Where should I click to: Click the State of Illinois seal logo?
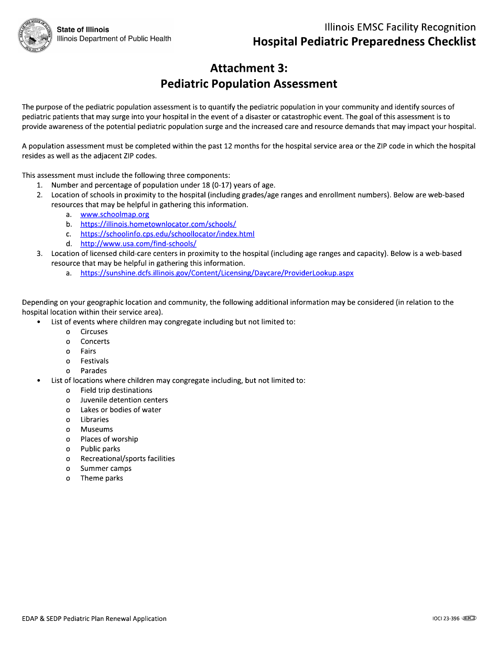pyautogui.click(x=36, y=36)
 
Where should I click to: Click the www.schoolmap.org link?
pyautogui.click(x=115, y=214)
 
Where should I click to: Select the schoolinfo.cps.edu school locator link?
pyautogui.click(x=167, y=234)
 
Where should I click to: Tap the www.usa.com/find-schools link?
pyautogui.click(x=138, y=244)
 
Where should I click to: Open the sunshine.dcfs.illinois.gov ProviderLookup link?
pyautogui.click(x=216, y=273)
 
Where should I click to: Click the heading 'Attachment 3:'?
pyautogui.click(x=249, y=68)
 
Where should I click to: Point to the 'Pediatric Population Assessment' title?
pyautogui.click(x=249, y=84)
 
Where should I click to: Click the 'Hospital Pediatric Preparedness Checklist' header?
pyautogui.click(x=364, y=42)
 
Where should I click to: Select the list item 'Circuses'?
pyautogui.click(x=94, y=332)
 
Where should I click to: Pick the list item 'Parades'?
pyautogui.click(x=93, y=371)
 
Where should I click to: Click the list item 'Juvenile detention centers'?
pyautogui.click(x=124, y=400)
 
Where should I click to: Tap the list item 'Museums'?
pyautogui.click(x=96, y=429)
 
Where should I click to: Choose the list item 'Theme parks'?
pyautogui.click(x=102, y=478)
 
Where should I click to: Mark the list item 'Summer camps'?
pyautogui.click(x=106, y=468)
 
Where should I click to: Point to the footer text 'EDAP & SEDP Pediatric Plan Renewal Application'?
pyautogui.click(x=94, y=619)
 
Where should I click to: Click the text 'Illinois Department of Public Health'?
pyautogui.click(x=114, y=39)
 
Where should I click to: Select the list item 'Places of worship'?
pyautogui.click(x=109, y=439)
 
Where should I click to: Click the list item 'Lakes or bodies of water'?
pyautogui.click(x=121, y=410)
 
